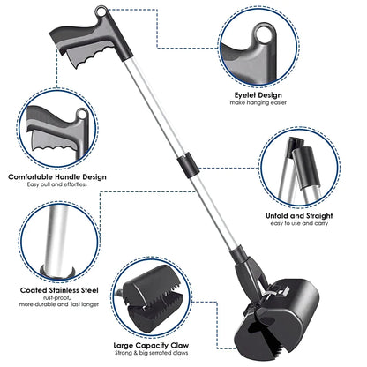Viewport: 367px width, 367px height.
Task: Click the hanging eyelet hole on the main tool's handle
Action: coord(101,11)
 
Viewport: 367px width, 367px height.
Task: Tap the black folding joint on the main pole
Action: coord(188,165)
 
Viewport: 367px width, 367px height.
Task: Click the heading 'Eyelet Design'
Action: coord(258,95)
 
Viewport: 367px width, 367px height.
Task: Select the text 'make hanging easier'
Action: coord(258,102)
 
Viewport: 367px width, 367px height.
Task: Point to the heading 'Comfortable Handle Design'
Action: coord(57,177)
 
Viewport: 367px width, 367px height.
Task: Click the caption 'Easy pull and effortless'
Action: coord(57,184)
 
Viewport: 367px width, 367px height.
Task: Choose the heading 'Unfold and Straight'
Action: coord(299,216)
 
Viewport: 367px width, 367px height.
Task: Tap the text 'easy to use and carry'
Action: coord(299,223)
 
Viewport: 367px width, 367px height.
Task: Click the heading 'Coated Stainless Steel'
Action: coord(59,290)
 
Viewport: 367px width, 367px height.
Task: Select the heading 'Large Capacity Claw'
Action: coord(151,346)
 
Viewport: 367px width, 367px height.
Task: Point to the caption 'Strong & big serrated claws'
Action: coord(151,353)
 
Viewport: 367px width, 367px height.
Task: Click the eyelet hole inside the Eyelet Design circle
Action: coord(265,35)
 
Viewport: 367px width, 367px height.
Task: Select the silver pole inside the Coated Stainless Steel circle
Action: coord(56,240)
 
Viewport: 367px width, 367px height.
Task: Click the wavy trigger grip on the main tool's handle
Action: coord(88,55)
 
